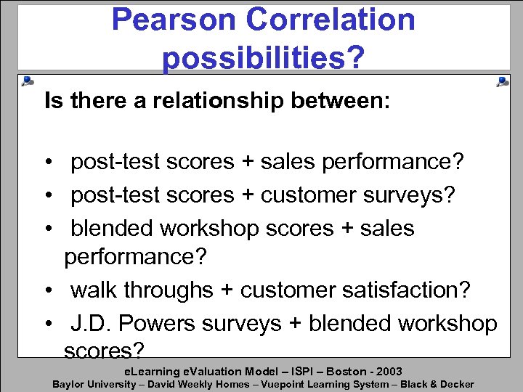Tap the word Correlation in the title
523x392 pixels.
pos(331,20)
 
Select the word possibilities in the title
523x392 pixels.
pos(255,57)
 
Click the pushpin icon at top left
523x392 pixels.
pos(27,81)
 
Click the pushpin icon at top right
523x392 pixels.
pos(501,81)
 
